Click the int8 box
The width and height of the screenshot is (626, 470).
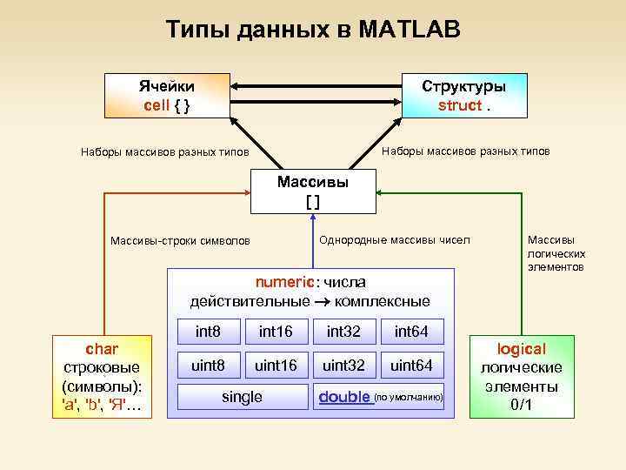[x=208, y=332]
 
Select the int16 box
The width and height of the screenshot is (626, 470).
[x=276, y=332]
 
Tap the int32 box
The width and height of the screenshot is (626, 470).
[x=344, y=332]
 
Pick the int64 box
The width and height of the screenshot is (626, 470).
[x=412, y=332]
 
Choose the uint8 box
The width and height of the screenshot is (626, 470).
[x=208, y=365]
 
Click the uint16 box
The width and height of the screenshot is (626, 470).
[x=276, y=365]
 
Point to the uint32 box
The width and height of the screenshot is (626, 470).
[x=344, y=365]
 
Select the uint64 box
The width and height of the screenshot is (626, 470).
[x=412, y=365]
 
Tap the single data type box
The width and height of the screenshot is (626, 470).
[x=242, y=397]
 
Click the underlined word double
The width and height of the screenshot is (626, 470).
[x=344, y=397]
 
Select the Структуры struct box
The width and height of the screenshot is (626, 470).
[x=464, y=96]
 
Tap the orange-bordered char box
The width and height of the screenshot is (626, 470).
[x=103, y=376]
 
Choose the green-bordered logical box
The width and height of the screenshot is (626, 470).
[x=522, y=376]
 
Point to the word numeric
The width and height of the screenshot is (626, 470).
[x=283, y=283]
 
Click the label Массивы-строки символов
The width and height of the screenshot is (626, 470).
[x=180, y=240]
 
